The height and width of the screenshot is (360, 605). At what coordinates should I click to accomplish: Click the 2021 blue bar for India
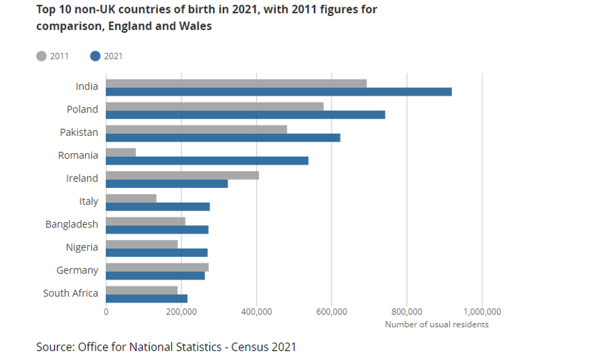click(278, 92)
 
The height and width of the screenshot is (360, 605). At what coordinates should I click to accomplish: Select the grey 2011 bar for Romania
click(120, 152)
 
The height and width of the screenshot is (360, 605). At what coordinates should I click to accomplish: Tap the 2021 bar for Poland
click(245, 114)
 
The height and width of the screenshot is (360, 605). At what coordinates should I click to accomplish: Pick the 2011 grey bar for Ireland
click(182, 175)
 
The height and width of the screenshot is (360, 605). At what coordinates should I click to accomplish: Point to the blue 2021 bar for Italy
click(157, 206)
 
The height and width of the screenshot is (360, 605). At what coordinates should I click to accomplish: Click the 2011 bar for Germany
click(157, 267)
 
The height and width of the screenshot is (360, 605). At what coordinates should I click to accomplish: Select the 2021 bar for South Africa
click(146, 298)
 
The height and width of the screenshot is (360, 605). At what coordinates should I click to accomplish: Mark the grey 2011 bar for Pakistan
click(196, 129)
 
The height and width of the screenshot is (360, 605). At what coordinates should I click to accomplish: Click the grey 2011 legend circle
click(41, 56)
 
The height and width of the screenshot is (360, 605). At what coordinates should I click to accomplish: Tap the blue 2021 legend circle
click(95, 56)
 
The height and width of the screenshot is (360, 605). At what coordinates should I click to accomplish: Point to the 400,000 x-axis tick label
click(256, 312)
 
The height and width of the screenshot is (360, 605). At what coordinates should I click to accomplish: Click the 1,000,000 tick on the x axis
click(482, 312)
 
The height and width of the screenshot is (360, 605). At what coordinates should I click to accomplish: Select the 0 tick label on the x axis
click(106, 312)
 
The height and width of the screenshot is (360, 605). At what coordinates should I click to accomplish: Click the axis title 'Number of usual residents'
click(436, 325)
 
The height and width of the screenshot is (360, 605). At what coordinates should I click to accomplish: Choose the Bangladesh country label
click(72, 224)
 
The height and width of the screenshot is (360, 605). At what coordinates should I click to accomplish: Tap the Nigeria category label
click(82, 247)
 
